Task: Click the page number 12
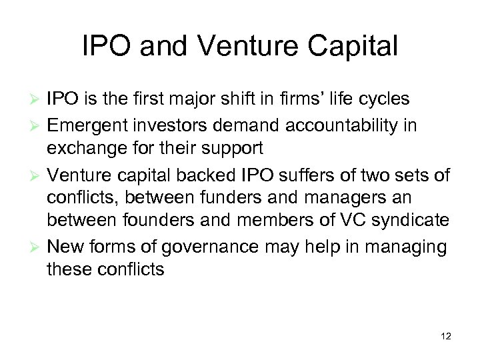pyautogui.click(x=446, y=337)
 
